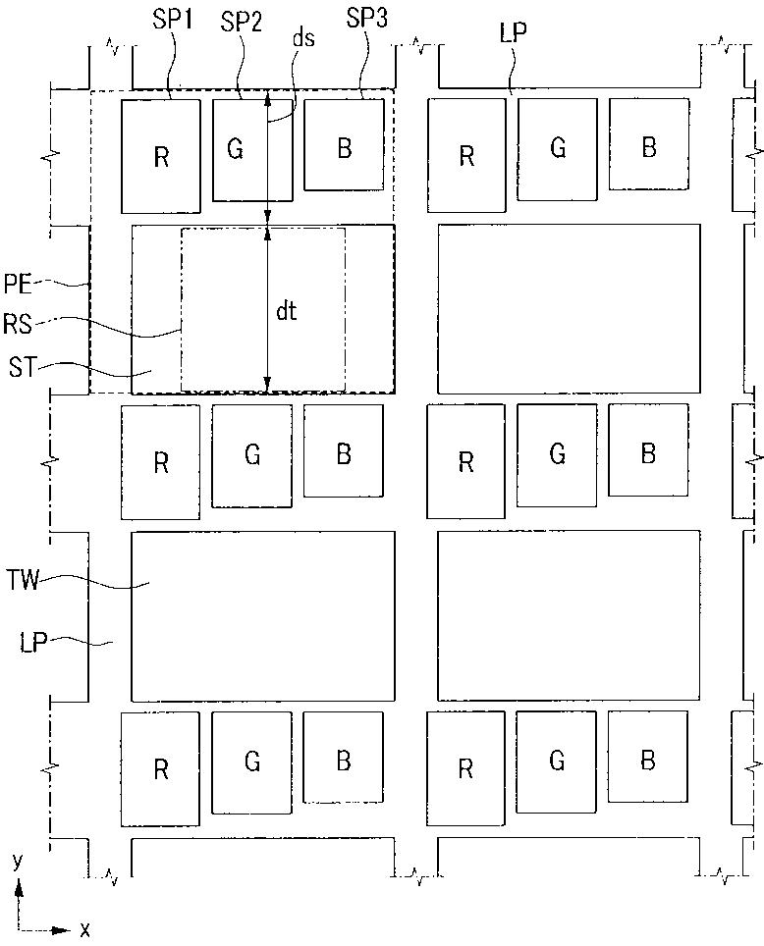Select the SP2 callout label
pos(242,23)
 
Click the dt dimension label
pos(286,312)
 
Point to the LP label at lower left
pos(33,644)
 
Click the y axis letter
pos(17,861)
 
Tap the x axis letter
pos(85,928)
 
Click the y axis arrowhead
pos(19,887)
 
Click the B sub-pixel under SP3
pos(344,147)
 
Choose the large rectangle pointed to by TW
pos(263,615)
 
